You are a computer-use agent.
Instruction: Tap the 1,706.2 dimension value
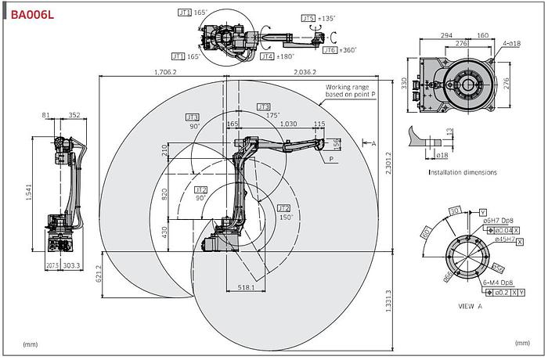coord(164,72)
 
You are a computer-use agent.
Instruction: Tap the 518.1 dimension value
coord(247,288)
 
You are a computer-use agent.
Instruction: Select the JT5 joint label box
coord(308,17)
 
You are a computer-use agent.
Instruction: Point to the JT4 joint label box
coord(267,56)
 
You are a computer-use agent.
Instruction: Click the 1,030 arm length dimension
coord(288,124)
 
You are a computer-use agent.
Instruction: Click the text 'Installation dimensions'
coord(462,172)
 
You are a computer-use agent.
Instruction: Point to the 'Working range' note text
coord(351,88)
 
